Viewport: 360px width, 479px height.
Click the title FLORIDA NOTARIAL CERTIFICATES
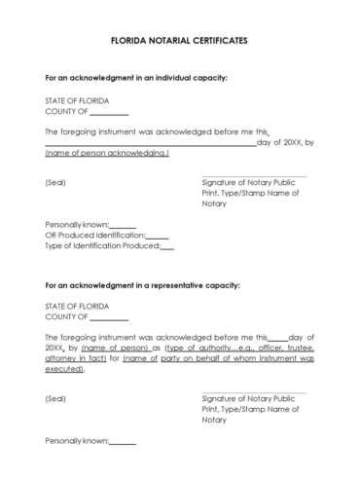coord(179,43)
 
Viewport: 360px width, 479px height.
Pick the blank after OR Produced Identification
coord(157,235)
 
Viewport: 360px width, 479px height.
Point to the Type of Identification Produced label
coord(101,245)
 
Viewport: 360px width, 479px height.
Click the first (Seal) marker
coord(55,182)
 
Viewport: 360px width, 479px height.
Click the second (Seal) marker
coord(55,398)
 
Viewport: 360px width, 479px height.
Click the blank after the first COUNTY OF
coord(108,112)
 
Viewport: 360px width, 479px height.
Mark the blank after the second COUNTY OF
coord(108,317)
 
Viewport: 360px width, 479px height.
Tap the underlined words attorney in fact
coord(81,358)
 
